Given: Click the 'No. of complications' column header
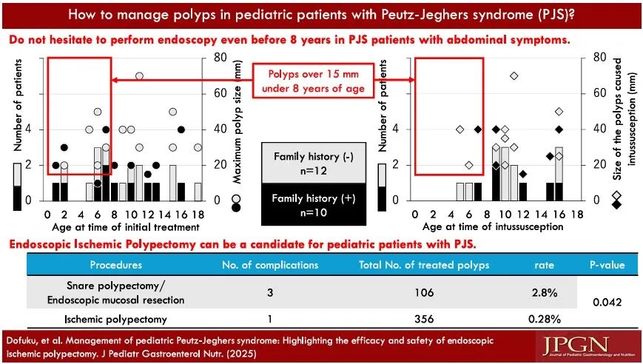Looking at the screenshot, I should [x=272, y=264].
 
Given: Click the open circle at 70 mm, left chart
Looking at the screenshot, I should [x=139, y=75].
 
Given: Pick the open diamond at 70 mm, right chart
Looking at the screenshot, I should [x=514, y=75].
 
